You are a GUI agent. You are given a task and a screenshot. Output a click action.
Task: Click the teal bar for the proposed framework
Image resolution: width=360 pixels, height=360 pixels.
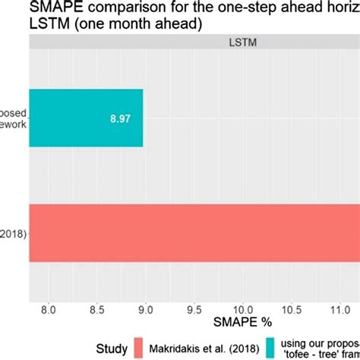(85, 118)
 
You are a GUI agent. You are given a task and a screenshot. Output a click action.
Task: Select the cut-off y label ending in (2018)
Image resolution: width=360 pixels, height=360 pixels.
(13, 233)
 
